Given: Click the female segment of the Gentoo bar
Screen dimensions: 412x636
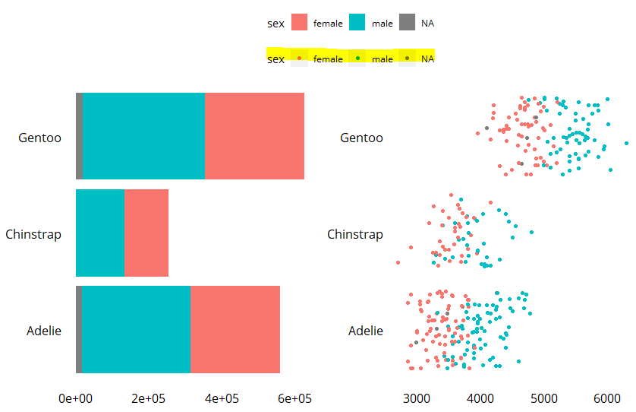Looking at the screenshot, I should tap(254, 136).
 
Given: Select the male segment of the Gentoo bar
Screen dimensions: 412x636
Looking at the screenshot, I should tap(143, 136).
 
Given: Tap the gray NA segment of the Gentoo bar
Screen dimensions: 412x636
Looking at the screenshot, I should tap(79, 136).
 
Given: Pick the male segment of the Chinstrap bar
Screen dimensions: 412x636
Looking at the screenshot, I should tap(100, 233).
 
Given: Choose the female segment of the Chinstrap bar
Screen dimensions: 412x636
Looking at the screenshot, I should tap(146, 233).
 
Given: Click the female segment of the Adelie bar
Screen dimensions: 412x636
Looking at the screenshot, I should tap(235, 329).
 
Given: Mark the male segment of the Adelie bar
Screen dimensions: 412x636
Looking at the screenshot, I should tap(136, 329).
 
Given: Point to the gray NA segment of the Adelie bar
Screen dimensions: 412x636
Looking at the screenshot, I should tap(78, 329).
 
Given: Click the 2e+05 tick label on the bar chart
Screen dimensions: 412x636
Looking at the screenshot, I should tap(149, 398).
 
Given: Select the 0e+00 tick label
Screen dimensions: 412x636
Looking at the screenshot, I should tap(76, 398).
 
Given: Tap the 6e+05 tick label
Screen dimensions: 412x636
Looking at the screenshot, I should tap(294, 398).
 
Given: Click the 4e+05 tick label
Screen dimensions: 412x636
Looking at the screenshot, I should tap(222, 398).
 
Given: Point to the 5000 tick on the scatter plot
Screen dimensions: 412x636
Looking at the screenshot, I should tap(543, 398).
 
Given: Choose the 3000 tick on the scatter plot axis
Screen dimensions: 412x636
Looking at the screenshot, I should tap(415, 398).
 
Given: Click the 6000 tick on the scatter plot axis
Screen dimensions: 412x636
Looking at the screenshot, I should tap(607, 398).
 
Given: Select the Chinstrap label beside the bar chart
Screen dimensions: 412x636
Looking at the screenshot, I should tap(33, 234).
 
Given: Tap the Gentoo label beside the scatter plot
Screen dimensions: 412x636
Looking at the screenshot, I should tap(361, 138).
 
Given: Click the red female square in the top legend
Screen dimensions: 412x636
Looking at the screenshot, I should tap(300, 23).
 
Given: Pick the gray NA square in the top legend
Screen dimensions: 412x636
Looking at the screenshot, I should tap(408, 23).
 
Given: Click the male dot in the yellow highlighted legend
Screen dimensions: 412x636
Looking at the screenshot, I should tap(357, 59).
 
